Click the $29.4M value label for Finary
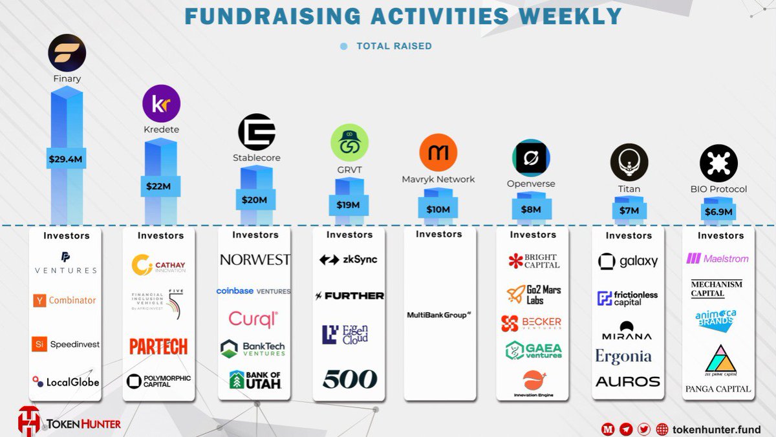tap(67, 158)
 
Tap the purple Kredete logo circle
tap(161, 103)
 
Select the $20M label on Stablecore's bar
tap(254, 200)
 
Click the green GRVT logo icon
tap(349, 142)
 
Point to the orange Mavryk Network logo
tap(438, 153)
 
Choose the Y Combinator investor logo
tap(65, 300)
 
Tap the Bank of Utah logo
tap(255, 379)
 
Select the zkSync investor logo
tap(349, 260)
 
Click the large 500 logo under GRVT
tap(349, 379)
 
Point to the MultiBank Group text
tap(438, 315)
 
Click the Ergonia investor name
tap(623, 356)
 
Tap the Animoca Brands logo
tap(717, 319)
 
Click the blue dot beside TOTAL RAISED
tap(343, 47)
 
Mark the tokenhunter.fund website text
tap(717, 429)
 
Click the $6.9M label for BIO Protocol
tap(718, 212)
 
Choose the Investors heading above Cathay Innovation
tap(160, 235)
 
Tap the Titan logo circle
tap(629, 162)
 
